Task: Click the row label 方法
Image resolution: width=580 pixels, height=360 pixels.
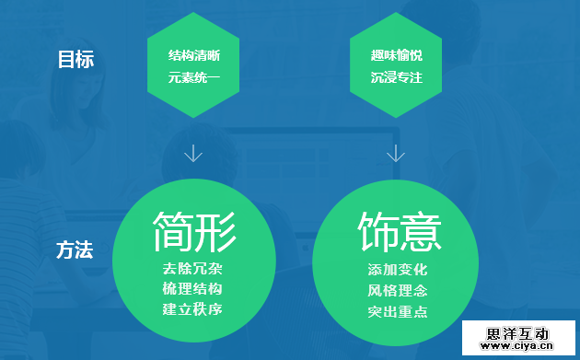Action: [75, 250]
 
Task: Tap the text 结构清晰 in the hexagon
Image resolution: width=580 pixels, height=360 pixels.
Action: [193, 56]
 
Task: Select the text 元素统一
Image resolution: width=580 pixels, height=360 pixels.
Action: [192, 77]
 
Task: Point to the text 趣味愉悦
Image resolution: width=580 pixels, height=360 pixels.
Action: [397, 56]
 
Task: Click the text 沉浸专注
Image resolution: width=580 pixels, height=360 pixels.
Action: [397, 77]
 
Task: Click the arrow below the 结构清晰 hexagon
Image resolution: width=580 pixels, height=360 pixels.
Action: [193, 152]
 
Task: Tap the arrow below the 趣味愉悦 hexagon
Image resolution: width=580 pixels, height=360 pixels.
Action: [397, 152]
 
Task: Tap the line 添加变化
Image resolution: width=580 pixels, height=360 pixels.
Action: [397, 271]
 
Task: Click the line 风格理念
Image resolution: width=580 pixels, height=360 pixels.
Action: [397, 290]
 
